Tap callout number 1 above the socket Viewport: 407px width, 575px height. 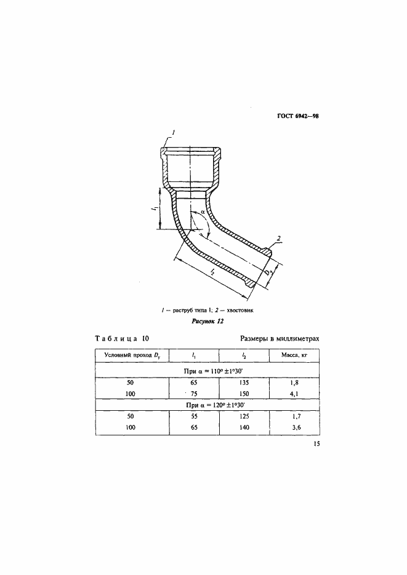[174, 132]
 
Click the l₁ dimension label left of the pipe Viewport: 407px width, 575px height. [155, 210]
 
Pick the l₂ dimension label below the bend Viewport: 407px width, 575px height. [211, 271]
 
